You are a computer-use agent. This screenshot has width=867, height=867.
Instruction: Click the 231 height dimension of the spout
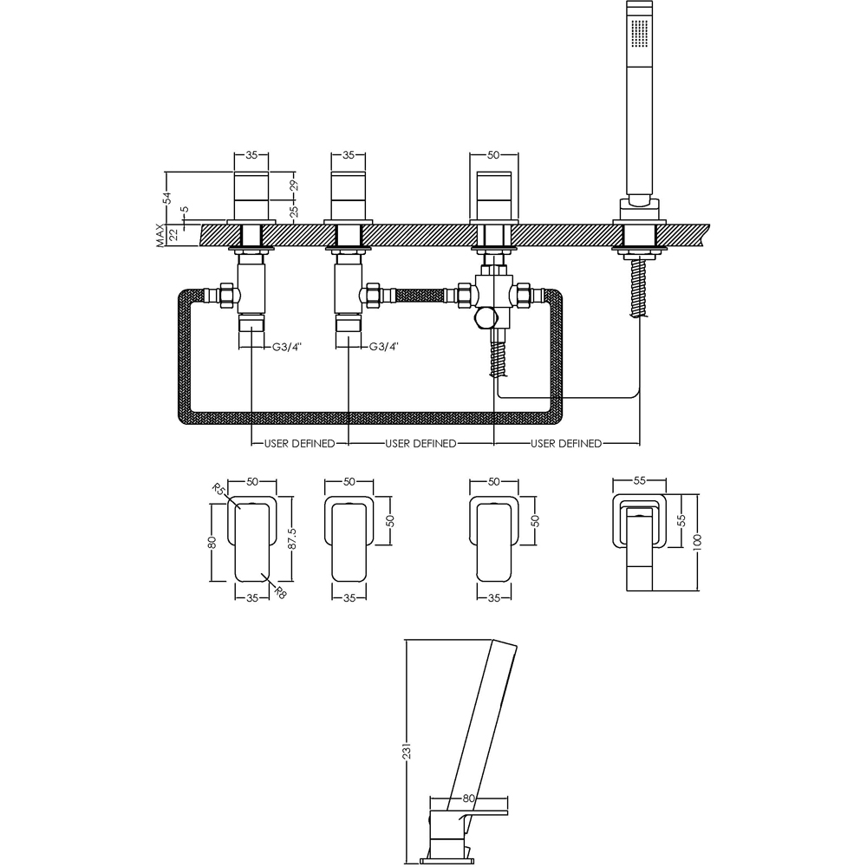tap(407, 750)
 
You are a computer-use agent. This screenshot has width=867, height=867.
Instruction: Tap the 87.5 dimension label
tap(292, 538)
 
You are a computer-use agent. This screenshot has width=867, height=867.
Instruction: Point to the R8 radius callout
tap(280, 592)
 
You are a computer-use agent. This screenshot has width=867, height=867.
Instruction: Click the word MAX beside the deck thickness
tap(160, 235)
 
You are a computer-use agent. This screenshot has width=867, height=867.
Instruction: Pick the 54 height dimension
tap(167, 198)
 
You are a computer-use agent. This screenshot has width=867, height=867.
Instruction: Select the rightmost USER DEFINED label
tap(566, 443)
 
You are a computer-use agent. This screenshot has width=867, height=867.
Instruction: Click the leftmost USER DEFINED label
tap(299, 443)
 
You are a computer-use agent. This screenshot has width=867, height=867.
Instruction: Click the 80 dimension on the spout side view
tap(468, 799)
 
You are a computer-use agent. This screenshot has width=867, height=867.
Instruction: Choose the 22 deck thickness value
tap(173, 235)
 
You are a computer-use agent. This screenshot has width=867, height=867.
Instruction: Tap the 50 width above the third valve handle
tap(494, 155)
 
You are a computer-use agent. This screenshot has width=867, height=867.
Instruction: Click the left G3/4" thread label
tap(287, 348)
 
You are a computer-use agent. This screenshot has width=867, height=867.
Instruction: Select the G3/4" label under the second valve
tap(384, 348)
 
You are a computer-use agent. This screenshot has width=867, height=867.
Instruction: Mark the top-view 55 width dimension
tap(639, 481)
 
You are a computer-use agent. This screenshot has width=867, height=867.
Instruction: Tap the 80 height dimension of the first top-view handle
tap(212, 543)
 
